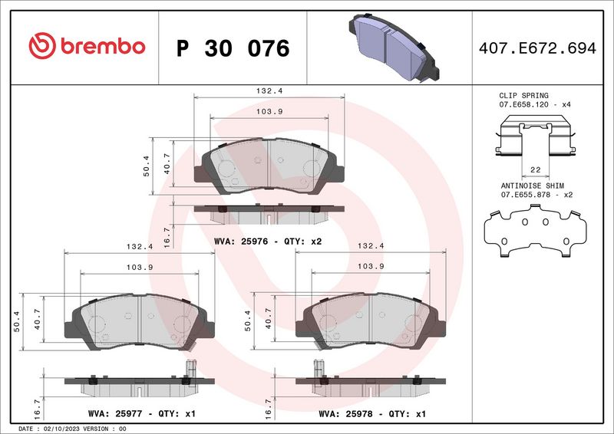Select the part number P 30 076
tap(233, 48)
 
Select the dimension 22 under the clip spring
tap(535, 170)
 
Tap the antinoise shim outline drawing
tap(535, 233)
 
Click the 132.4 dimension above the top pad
tap(269, 90)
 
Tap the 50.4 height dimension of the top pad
tap(146, 164)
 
